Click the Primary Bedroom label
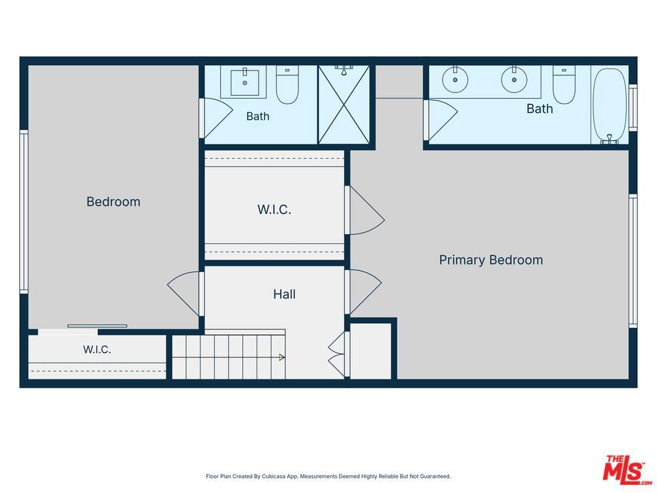(x=491, y=260)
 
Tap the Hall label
(x=284, y=294)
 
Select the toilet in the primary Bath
(x=563, y=85)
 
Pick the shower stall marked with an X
(x=344, y=104)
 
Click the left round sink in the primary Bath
(x=454, y=79)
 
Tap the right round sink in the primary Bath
(x=514, y=79)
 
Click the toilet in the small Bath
(x=287, y=86)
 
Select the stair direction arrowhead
(x=282, y=357)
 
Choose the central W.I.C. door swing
(x=365, y=210)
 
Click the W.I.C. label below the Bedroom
(x=96, y=350)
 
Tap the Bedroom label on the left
(x=113, y=201)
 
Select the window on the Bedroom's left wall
(x=24, y=212)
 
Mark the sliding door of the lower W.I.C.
(x=97, y=326)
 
